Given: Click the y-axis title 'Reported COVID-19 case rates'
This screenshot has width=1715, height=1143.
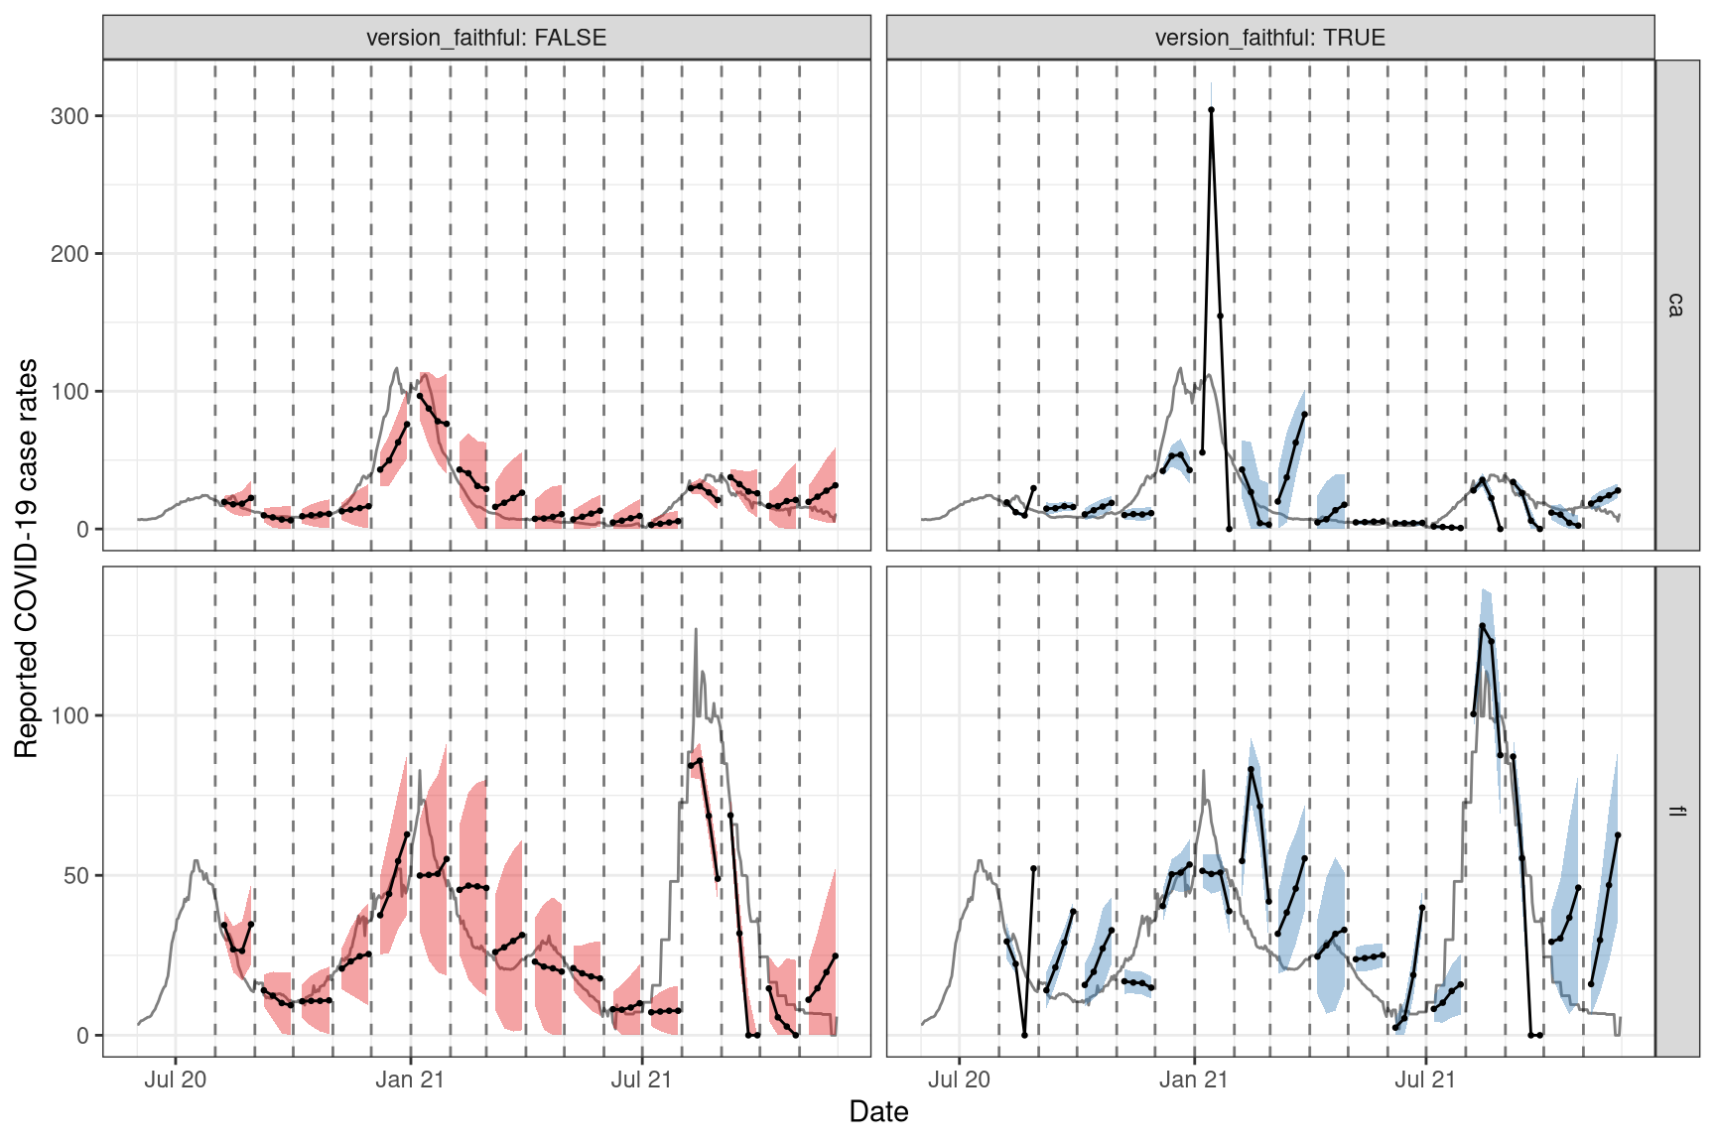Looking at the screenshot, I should coord(26,558).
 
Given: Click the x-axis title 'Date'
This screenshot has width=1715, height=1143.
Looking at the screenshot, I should coord(878,1112).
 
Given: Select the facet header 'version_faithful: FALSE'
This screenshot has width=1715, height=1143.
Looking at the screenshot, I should coord(486,38).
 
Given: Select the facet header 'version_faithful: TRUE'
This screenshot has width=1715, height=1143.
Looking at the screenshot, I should coord(1269,38).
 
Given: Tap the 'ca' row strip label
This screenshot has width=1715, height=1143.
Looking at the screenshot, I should coord(1676,305).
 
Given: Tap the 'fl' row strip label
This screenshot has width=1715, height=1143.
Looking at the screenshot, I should coord(1676,811).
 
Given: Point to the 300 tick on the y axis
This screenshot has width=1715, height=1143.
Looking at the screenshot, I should coord(69,116).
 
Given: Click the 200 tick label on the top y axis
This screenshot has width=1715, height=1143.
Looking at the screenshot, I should coord(69,254).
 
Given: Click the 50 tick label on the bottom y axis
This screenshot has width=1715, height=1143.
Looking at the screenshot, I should coord(75,876).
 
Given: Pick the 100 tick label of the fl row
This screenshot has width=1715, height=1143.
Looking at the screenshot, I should coord(69,716).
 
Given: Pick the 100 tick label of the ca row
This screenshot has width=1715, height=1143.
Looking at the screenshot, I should coord(69,392).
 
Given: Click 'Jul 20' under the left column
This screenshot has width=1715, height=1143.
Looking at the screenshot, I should coord(176,1079).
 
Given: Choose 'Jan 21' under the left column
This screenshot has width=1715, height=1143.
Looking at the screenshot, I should coord(410,1079).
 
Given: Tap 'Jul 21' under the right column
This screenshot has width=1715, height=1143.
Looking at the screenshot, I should coord(1424,1079).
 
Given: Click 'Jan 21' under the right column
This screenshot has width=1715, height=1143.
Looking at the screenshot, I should coord(1193,1079).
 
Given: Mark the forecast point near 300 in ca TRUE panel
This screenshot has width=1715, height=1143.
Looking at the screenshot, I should coord(1211,110).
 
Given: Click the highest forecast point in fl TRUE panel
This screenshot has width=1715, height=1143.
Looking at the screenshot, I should coord(1482,626).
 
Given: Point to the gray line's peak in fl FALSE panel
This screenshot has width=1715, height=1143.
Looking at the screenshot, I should coord(696,629).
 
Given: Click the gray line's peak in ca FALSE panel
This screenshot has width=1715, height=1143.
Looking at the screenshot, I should coord(396,369).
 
